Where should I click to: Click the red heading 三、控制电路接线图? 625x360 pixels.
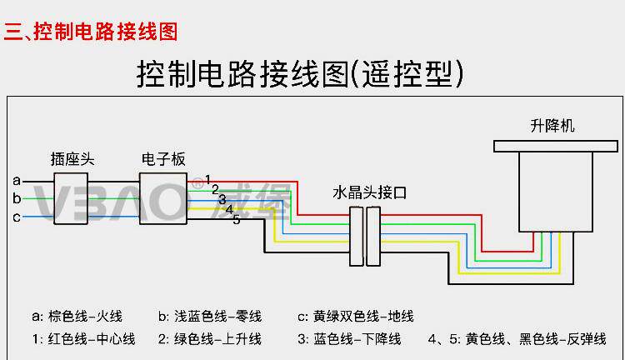91,32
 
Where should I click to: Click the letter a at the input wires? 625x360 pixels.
16,179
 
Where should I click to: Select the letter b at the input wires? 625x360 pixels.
16,198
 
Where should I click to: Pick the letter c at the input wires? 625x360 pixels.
16,217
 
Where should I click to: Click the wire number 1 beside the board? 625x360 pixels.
207,178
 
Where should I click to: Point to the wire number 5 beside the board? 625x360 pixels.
236,220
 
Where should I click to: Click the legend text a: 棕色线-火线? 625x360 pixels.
77,317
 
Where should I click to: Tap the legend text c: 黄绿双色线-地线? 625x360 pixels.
355,317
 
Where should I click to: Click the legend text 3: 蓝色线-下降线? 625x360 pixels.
349,339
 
